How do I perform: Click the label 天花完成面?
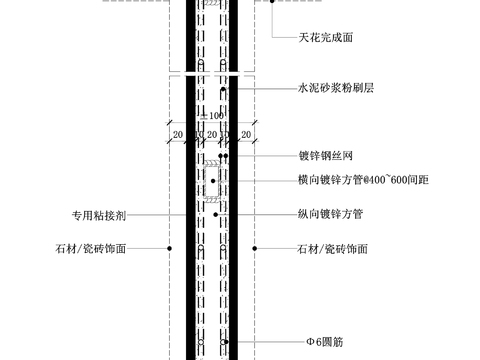[325, 37]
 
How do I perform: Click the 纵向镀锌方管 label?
[329, 214]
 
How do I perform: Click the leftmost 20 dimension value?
[177, 132]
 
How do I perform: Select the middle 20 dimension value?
[212, 132]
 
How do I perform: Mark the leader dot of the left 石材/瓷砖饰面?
[170, 248]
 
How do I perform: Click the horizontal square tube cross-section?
[212, 182]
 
